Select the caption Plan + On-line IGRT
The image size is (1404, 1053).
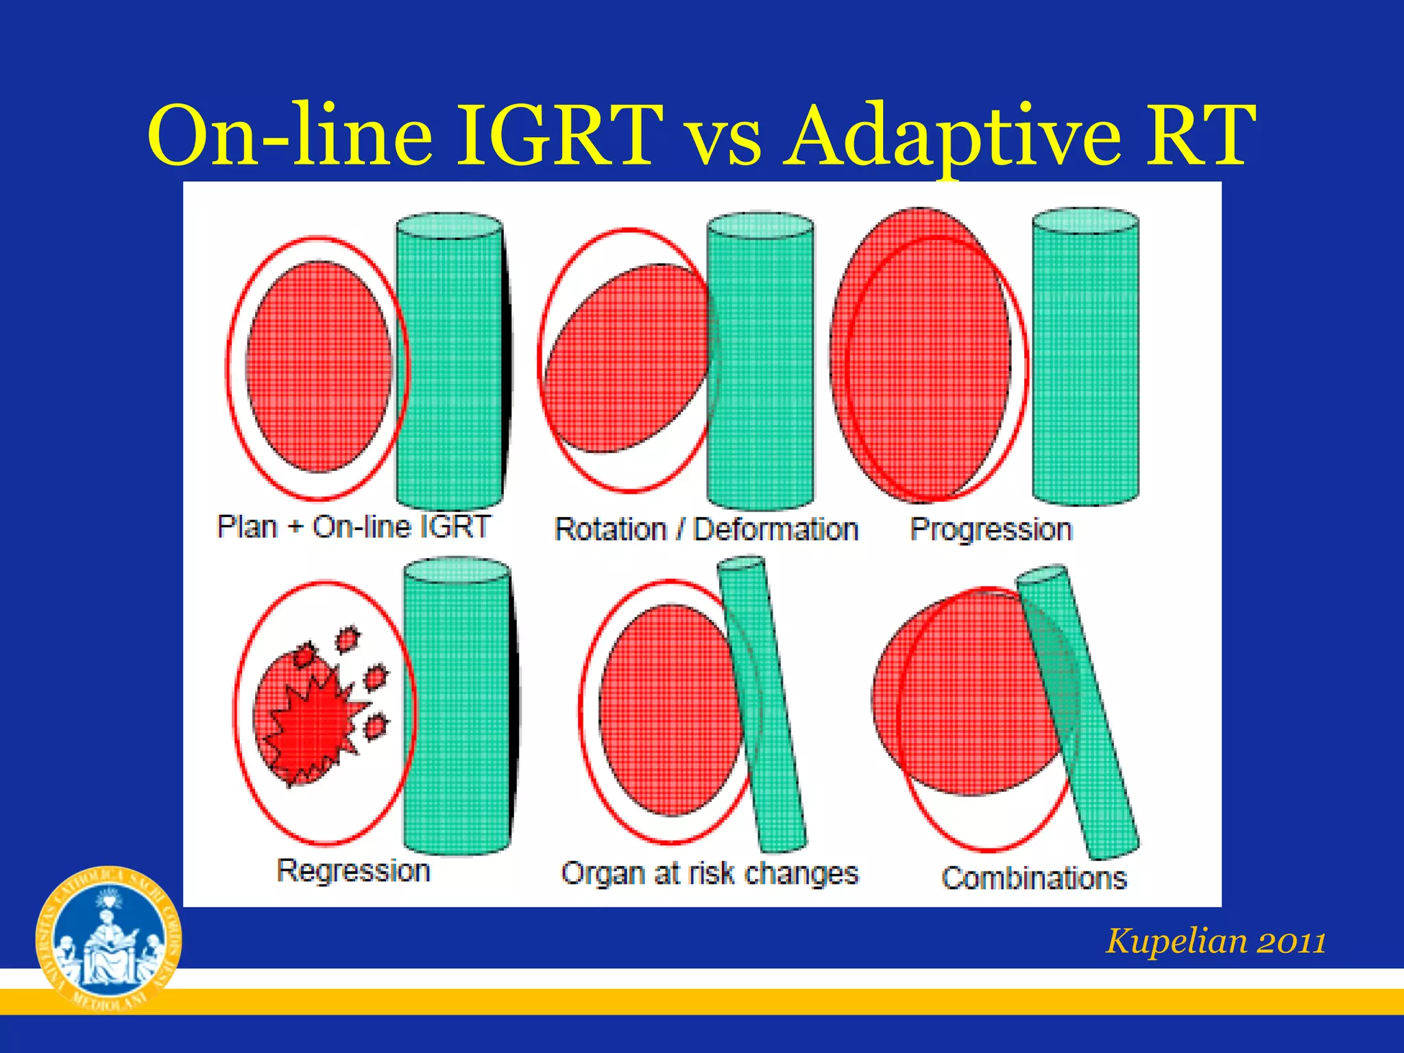point(354,527)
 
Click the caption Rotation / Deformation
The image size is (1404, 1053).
point(706,530)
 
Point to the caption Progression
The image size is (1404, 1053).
point(991,530)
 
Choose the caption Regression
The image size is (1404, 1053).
point(354,871)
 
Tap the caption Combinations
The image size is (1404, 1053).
point(1034,878)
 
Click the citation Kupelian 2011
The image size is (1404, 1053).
point(1215,941)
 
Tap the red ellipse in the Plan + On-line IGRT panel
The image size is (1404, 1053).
point(319,367)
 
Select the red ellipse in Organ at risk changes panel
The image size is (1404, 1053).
point(668,710)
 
